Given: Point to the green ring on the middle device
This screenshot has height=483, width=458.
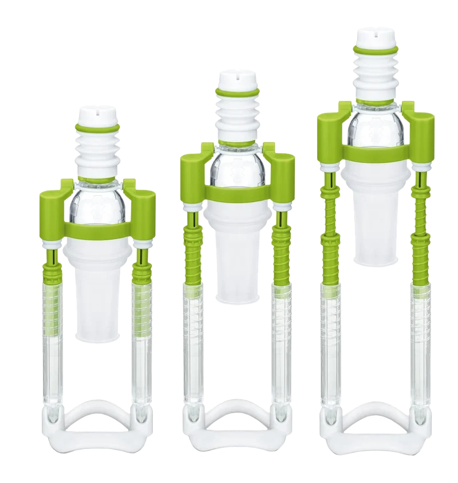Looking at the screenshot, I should click(237, 92).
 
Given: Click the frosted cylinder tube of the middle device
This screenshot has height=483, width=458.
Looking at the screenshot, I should click(237, 264).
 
